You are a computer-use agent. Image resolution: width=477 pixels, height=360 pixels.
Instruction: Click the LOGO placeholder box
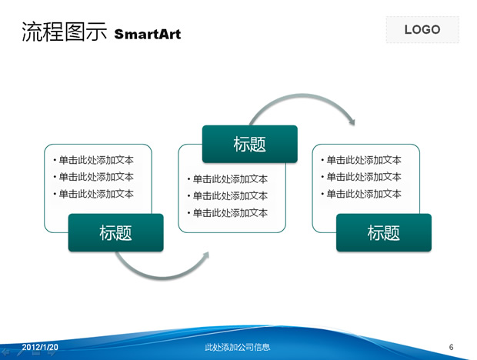tap(422, 30)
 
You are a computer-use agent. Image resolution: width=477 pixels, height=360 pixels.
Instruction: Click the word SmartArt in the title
tap(148, 35)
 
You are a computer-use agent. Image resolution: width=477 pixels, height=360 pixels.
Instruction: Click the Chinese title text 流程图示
tap(63, 32)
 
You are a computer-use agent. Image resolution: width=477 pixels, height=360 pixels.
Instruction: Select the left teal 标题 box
tap(115, 233)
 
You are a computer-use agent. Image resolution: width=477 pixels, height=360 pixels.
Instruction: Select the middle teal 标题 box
tap(249, 144)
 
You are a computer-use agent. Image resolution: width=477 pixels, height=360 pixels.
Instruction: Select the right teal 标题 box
tap(383, 233)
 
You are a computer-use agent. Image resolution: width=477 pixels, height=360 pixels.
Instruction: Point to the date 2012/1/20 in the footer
tap(40, 348)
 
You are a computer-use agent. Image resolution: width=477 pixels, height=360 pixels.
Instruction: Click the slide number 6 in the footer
tap(452, 348)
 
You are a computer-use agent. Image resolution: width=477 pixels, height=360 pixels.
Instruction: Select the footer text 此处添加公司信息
tap(238, 348)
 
